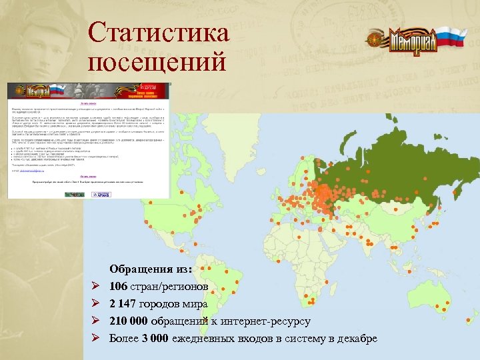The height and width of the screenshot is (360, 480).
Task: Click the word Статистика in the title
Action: [158, 33]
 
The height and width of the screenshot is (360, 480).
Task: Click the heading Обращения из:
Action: [151, 269]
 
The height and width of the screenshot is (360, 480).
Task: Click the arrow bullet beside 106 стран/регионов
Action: [95, 287]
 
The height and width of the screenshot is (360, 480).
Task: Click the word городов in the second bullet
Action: [164, 304]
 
